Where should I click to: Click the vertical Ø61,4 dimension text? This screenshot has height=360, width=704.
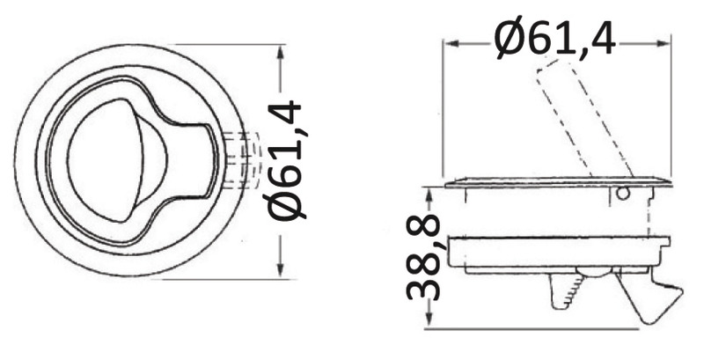(x=284, y=160)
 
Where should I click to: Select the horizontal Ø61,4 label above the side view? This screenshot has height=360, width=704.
(x=555, y=37)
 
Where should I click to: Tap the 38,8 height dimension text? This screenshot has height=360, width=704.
(x=423, y=257)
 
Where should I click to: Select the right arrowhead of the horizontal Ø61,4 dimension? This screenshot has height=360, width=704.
(x=663, y=43)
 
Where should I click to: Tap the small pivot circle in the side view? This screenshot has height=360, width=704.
(x=622, y=194)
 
